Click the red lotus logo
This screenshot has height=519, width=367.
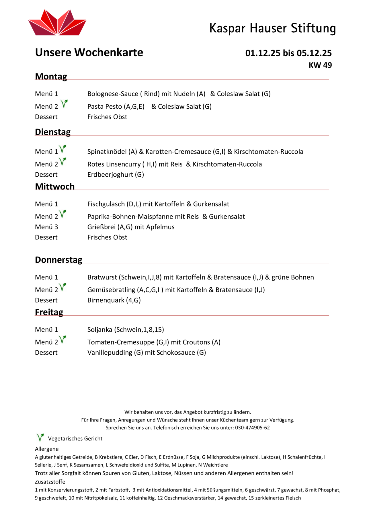(x=57, y=23)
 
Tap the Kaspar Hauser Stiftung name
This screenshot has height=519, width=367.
(x=272, y=28)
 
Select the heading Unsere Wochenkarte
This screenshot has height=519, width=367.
(x=89, y=52)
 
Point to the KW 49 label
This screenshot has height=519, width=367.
(x=320, y=65)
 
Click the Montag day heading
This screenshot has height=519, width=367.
(x=51, y=77)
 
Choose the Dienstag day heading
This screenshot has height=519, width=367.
(x=53, y=132)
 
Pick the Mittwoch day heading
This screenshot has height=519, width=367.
(x=55, y=186)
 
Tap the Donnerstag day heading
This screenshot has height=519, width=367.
(x=58, y=259)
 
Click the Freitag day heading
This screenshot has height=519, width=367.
(x=49, y=312)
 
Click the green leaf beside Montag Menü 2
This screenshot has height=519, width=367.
(x=64, y=104)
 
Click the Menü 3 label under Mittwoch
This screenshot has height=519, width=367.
(x=46, y=227)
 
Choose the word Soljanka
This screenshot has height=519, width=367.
(x=100, y=330)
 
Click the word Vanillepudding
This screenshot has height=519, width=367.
(x=110, y=353)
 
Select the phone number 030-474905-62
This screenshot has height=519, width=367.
(x=252, y=428)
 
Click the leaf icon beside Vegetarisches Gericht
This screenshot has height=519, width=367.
(x=40, y=437)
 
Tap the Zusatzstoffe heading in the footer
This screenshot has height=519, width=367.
(x=50, y=482)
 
